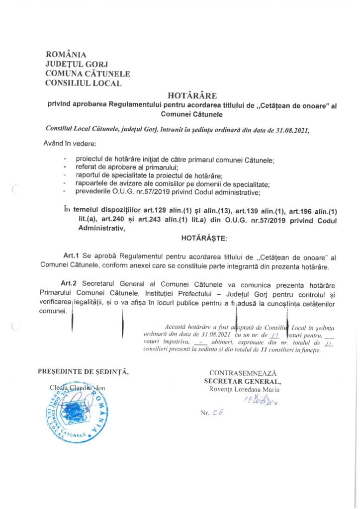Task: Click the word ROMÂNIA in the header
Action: point(66,55)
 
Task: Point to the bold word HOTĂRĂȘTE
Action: point(204,239)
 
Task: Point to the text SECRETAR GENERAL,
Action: point(243,381)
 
